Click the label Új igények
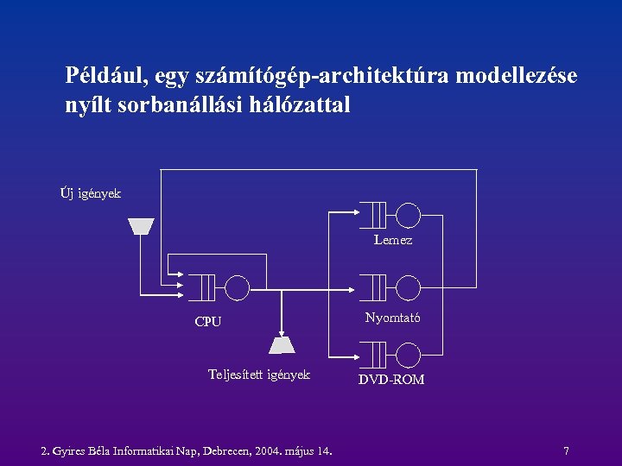[91, 193]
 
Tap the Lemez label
[393, 240]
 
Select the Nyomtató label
[393, 318]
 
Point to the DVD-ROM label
[391, 380]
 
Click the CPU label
[208, 322]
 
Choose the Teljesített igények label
[259, 375]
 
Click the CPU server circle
[237, 287]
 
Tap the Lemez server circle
[408, 214]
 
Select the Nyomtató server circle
[408, 287]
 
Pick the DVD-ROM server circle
[408, 354]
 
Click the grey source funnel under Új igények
[141, 226]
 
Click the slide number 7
[566, 450]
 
